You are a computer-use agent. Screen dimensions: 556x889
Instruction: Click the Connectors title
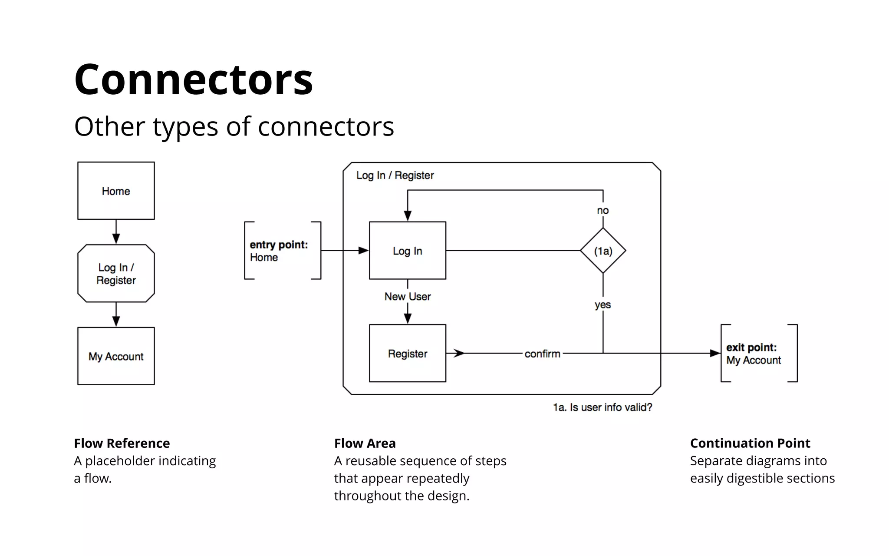pyautogui.click(x=193, y=79)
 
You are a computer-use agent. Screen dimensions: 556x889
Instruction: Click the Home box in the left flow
pyautogui.click(x=116, y=191)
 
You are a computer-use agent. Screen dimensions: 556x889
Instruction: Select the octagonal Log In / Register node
pyautogui.click(x=116, y=273)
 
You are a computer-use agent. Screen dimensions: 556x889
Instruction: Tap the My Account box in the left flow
pyautogui.click(x=116, y=356)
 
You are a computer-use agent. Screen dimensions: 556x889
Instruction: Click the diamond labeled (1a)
pyautogui.click(x=603, y=251)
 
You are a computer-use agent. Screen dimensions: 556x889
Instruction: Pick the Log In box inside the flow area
pyautogui.click(x=407, y=251)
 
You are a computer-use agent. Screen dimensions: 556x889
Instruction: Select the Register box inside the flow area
pyautogui.click(x=407, y=353)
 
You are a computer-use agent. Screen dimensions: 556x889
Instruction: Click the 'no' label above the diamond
pyautogui.click(x=603, y=211)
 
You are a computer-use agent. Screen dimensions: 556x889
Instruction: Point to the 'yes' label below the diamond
pyautogui.click(x=603, y=304)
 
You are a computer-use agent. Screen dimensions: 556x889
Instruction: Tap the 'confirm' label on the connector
pyautogui.click(x=542, y=354)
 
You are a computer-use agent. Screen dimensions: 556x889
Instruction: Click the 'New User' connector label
pyautogui.click(x=407, y=296)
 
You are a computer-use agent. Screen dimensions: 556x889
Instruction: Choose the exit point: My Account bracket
pyautogui.click(x=758, y=353)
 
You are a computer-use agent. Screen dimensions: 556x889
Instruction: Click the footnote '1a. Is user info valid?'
pyautogui.click(x=602, y=407)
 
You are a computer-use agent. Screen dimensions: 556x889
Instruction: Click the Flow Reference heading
pyautogui.click(x=122, y=443)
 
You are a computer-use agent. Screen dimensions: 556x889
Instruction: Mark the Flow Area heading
pyautogui.click(x=365, y=443)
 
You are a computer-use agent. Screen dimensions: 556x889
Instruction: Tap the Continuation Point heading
pyautogui.click(x=750, y=443)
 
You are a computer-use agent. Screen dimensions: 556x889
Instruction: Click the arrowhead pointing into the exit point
pyautogui.click(x=714, y=353)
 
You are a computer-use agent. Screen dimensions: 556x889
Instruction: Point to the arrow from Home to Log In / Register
pyautogui.click(x=116, y=232)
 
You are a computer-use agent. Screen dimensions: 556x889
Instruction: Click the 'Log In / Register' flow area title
pyautogui.click(x=395, y=175)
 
